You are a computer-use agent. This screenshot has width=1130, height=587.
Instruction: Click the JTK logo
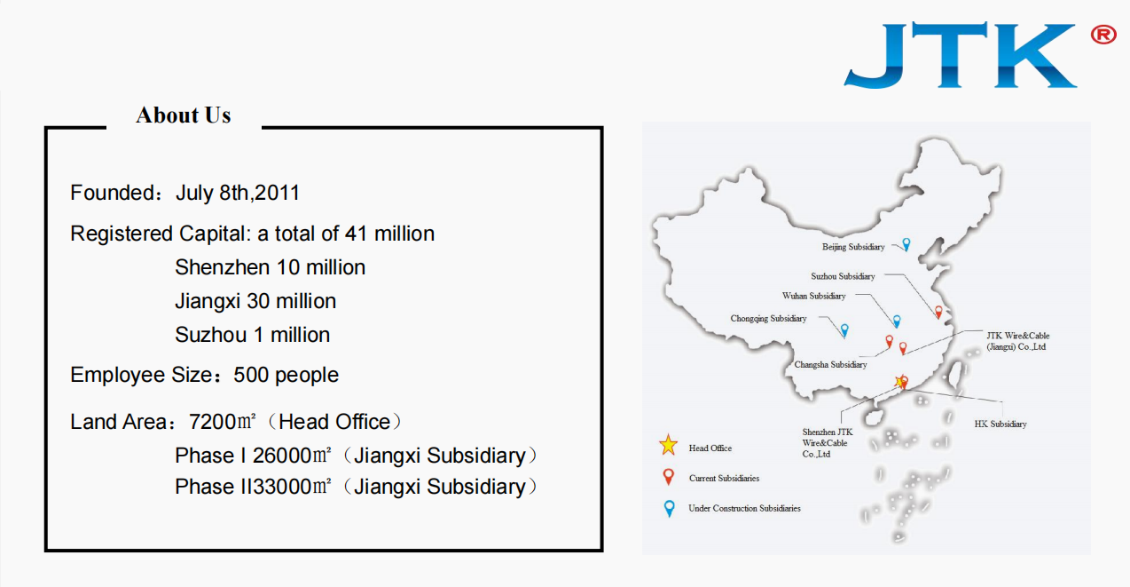click(961, 55)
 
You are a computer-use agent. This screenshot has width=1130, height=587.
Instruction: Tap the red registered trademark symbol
click(1103, 35)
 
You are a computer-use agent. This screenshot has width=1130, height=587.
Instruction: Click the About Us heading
click(184, 115)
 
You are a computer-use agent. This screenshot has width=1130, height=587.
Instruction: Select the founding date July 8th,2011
click(238, 193)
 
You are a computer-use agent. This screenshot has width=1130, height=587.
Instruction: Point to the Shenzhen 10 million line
click(270, 267)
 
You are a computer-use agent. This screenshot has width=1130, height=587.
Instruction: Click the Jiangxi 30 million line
click(255, 301)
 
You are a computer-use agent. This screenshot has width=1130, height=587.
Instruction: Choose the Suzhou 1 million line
click(252, 335)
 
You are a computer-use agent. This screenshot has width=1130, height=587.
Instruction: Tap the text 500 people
click(286, 375)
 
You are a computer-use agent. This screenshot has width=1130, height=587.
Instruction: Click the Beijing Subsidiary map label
click(853, 247)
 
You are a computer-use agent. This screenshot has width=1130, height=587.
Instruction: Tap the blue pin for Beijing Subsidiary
click(906, 244)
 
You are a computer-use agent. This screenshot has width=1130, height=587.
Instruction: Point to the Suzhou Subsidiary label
click(843, 276)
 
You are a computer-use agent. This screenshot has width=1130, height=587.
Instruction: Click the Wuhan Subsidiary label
click(813, 296)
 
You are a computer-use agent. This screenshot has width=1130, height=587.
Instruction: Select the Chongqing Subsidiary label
click(768, 318)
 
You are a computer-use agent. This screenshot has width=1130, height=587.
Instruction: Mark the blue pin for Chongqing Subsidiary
click(844, 330)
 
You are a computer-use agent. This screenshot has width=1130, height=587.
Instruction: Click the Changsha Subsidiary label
click(830, 365)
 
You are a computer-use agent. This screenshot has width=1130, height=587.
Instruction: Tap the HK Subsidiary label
click(1001, 424)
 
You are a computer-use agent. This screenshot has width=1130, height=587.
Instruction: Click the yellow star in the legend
click(669, 445)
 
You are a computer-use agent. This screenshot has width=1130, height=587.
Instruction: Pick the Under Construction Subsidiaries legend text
click(744, 508)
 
